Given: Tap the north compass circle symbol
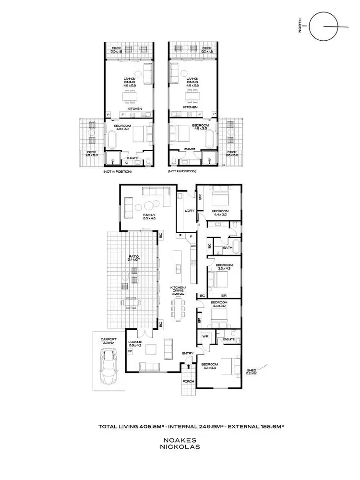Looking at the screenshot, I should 321,27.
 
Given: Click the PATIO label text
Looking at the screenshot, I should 133,257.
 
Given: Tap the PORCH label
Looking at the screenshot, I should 188,382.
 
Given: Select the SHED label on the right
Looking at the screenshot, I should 251,370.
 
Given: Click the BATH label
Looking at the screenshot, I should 228,248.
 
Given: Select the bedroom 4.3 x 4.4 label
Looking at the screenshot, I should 211,366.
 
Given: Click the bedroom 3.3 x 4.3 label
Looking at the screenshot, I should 224,267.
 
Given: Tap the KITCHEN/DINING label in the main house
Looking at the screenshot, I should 178,289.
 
